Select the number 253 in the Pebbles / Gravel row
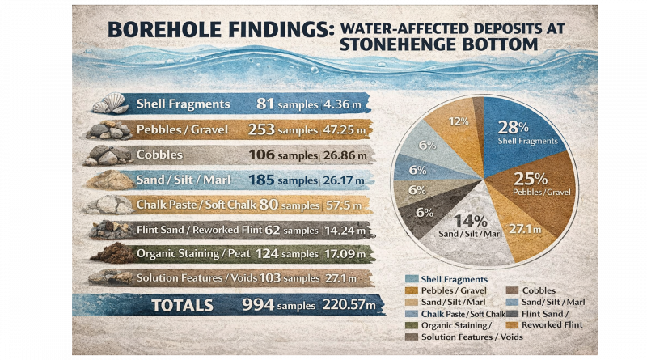(x=253, y=129)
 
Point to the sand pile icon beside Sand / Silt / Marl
(x=112, y=180)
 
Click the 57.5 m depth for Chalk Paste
(x=345, y=205)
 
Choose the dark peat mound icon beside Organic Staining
(x=110, y=253)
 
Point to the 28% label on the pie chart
(x=512, y=128)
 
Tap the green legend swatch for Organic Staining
(x=412, y=325)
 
